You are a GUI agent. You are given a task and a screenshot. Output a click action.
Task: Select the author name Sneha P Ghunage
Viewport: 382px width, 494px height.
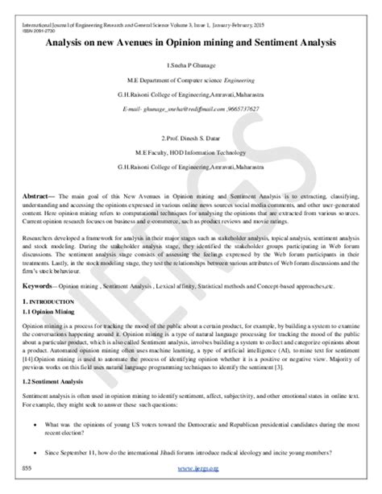click(191, 63)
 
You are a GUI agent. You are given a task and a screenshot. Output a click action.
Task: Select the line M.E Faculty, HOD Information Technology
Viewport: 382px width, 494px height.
click(191, 154)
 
